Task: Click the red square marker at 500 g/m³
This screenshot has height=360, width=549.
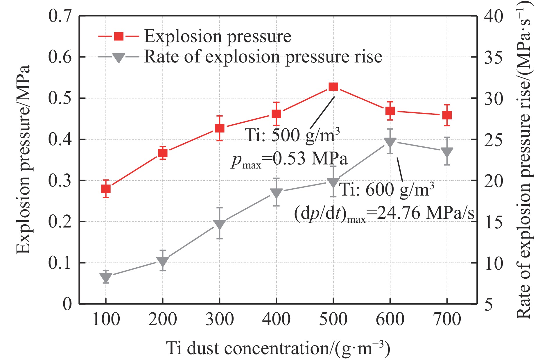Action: tap(333, 87)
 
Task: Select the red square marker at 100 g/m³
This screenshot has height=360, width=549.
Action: tap(106, 189)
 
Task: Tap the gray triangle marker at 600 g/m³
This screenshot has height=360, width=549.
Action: tap(390, 142)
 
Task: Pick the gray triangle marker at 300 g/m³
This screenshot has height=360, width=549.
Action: tap(219, 224)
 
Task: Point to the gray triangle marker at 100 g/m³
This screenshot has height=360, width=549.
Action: tap(106, 277)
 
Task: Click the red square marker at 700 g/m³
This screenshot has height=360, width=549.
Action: tap(447, 115)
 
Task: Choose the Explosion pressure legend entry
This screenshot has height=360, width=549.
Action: tap(217, 37)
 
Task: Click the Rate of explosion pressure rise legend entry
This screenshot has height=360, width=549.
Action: tap(263, 57)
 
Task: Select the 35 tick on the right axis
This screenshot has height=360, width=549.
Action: tap(493, 57)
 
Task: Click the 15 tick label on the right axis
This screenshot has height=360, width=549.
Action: tap(493, 222)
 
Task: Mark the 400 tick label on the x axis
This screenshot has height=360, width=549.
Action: tap(276, 319)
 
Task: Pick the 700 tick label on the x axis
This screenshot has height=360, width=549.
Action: tap(447, 319)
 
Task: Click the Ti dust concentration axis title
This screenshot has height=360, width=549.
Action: tap(278, 348)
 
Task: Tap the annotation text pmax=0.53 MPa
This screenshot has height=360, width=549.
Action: tap(289, 159)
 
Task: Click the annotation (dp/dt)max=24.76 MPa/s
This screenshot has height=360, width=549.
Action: tap(384, 214)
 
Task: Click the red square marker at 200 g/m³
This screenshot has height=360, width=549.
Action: tap(163, 153)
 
